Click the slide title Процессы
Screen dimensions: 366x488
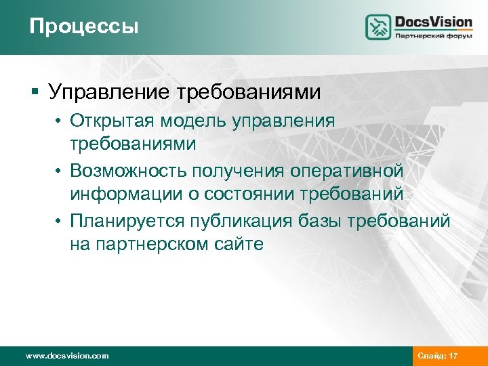(x=83, y=26)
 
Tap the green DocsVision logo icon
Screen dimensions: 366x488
(x=378, y=27)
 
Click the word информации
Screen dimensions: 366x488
(x=129, y=195)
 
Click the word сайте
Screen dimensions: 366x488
(x=241, y=243)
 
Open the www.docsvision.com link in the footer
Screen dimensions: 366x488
(x=66, y=356)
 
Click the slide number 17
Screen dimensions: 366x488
(x=453, y=356)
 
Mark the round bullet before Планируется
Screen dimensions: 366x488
(x=59, y=219)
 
